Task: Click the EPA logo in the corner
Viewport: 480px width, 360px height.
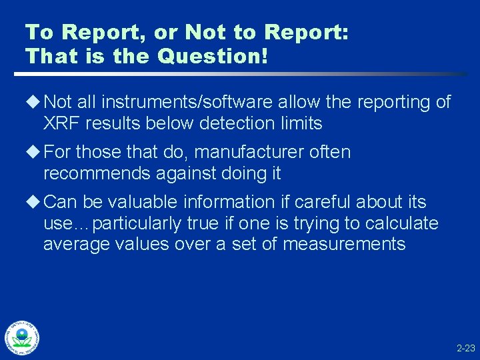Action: coord(22,339)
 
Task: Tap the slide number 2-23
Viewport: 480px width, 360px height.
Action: coord(465,348)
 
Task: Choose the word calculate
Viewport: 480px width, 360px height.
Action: coord(397,223)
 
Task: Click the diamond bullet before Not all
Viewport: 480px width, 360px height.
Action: coord(34,102)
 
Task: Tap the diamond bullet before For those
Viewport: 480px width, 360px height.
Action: coord(34,152)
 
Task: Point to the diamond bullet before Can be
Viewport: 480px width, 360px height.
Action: coord(34,201)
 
